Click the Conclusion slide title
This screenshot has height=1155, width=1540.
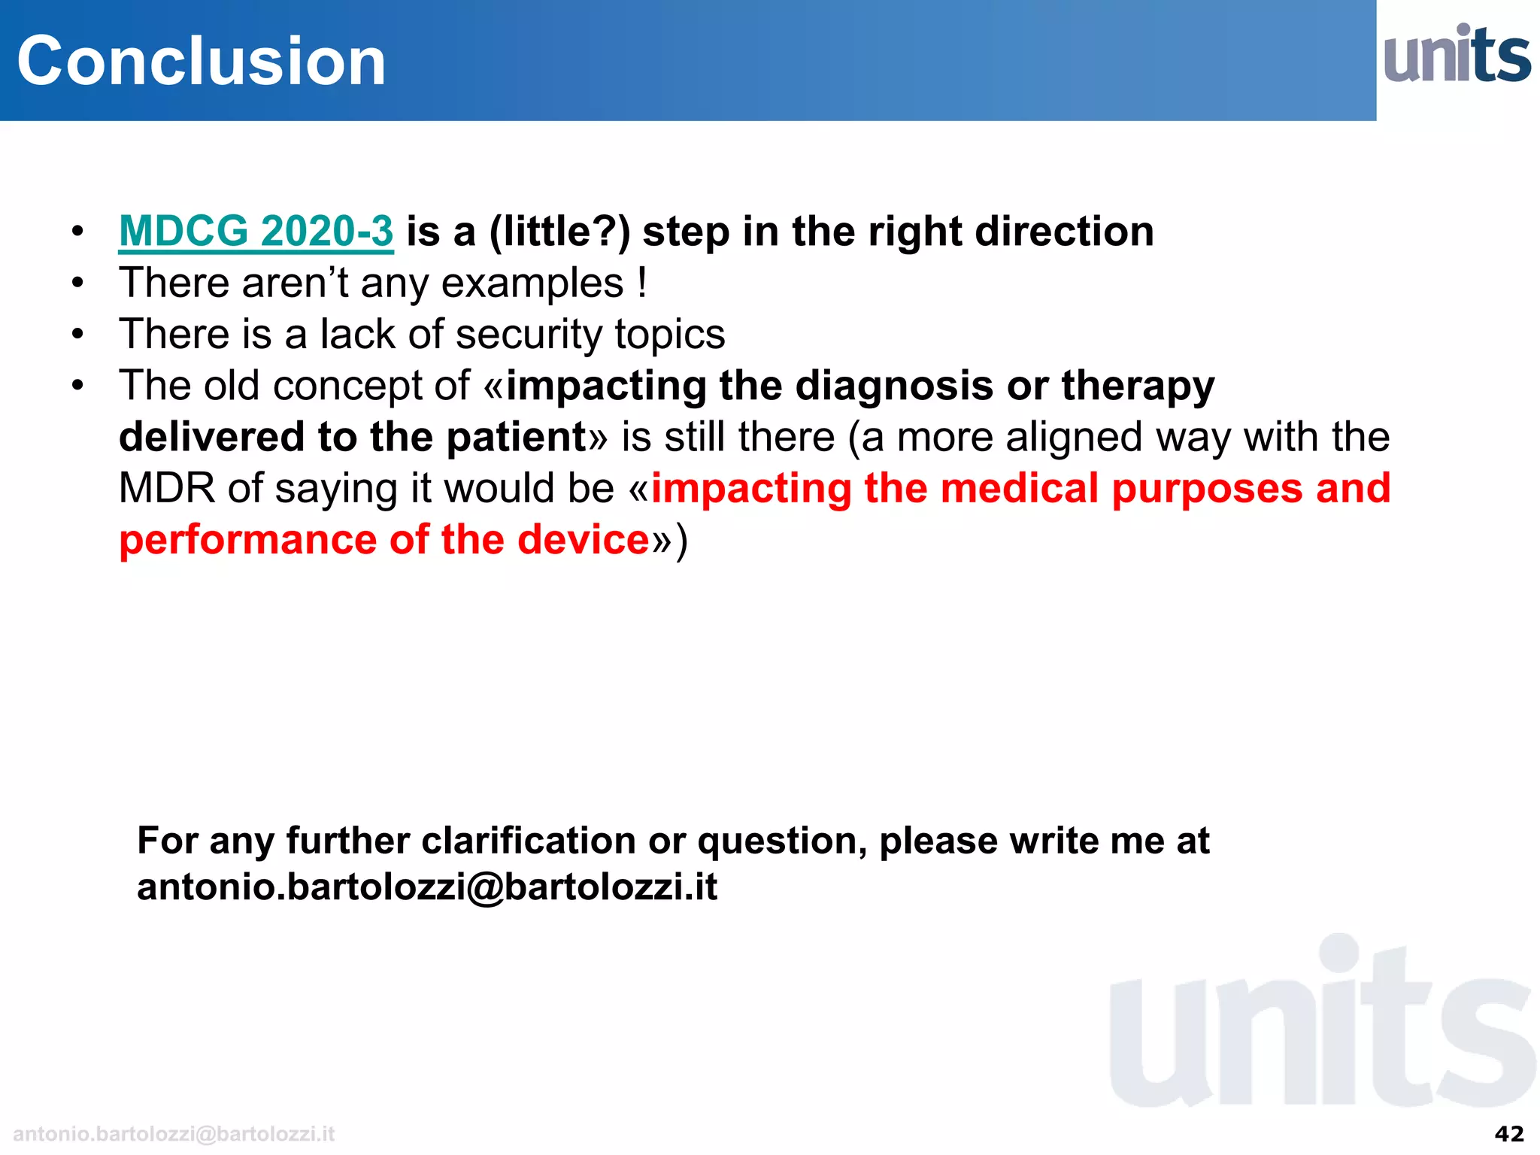[201, 61]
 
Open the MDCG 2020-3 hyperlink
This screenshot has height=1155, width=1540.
[256, 231]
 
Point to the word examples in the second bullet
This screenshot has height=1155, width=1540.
[532, 283]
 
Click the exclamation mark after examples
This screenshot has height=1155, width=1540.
[641, 283]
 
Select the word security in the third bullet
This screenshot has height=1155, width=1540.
[529, 335]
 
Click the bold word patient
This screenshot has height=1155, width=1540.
[516, 438]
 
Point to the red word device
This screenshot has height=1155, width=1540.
[583, 540]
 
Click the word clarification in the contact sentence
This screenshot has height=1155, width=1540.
[528, 841]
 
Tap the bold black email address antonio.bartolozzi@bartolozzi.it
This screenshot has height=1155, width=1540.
[426, 887]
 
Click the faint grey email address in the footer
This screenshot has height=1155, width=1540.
[174, 1134]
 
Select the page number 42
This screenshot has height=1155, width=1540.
[1509, 1133]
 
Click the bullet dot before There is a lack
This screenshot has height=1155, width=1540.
[77, 334]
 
